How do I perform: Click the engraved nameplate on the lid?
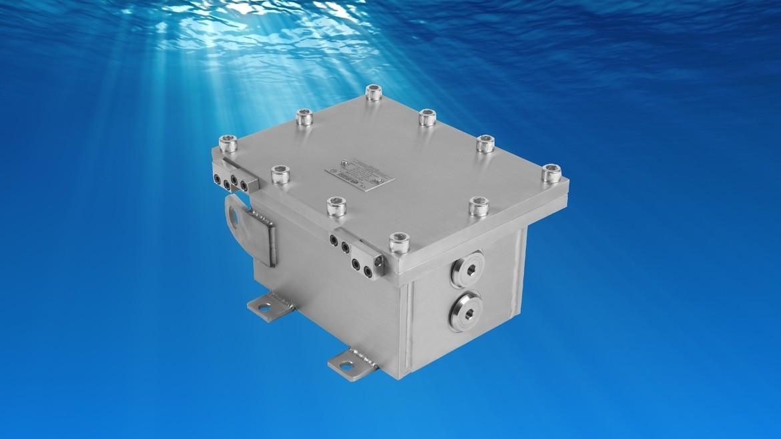tap(360, 173)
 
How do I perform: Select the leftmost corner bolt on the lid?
tap(228, 143)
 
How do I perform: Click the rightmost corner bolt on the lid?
tap(551, 173)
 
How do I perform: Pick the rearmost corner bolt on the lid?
tap(374, 93)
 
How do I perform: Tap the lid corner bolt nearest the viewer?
tap(399, 243)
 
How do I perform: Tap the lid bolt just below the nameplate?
tap(336, 206)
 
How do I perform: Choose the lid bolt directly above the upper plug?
tap(478, 206)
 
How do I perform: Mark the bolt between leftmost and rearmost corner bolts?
tap(304, 117)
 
